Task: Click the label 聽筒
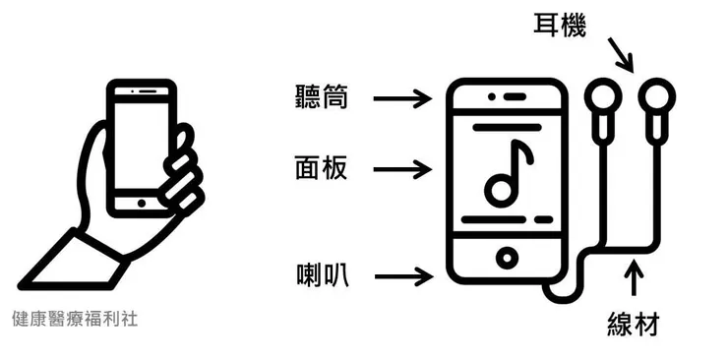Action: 320,96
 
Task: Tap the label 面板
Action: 320,168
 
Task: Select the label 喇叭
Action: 320,274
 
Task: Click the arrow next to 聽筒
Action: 403,97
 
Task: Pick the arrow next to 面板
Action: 403,168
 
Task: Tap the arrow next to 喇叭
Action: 403,274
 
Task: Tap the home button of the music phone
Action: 507,258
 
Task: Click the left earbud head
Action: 601,99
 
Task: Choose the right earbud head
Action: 656,99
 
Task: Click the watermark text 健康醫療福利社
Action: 76,320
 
